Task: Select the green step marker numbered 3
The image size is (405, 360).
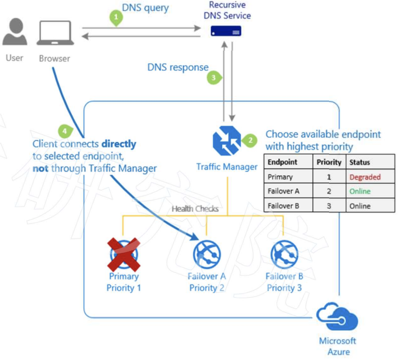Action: [x=213, y=77]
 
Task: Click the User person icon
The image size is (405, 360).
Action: [x=14, y=33]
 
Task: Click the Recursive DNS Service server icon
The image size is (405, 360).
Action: [x=226, y=32]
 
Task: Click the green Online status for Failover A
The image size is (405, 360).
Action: [x=360, y=192]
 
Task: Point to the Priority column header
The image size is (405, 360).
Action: [x=329, y=162]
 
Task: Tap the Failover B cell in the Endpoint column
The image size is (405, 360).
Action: [x=283, y=206]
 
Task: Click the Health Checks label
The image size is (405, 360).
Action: [x=195, y=209]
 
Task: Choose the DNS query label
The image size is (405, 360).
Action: [x=145, y=8]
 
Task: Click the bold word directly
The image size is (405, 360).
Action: [x=119, y=144]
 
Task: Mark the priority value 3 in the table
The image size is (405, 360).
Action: [x=329, y=206]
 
